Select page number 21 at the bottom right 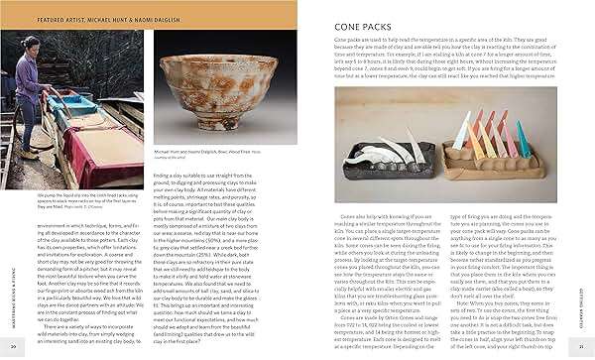(584, 346)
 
